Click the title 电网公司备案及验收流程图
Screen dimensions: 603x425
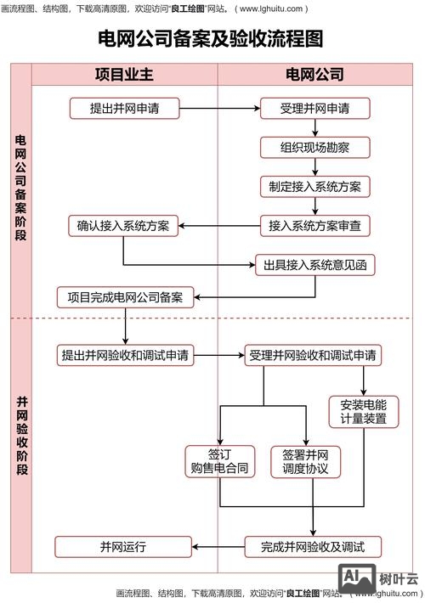tap(212, 39)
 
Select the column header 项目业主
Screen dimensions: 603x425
tap(124, 75)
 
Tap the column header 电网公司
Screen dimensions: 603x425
tap(314, 75)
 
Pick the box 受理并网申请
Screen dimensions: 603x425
tap(314, 109)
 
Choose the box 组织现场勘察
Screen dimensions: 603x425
tap(314, 148)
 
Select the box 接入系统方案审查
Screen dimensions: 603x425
tap(314, 226)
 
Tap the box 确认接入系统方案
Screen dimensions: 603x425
tap(123, 226)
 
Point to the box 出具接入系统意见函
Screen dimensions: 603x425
tap(314, 265)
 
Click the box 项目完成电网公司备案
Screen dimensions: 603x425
tap(125, 297)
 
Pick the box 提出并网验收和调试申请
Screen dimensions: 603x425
tap(125, 355)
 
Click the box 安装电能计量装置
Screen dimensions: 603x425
tap(363, 411)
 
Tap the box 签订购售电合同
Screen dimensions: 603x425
tap(220, 461)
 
